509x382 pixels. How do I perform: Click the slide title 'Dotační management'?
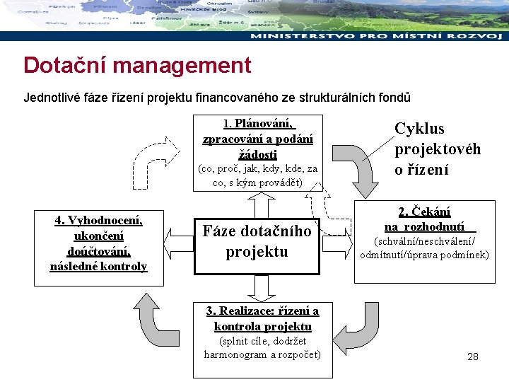[137, 66]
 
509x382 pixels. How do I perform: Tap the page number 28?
[473, 357]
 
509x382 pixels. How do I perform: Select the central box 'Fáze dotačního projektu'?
[257, 241]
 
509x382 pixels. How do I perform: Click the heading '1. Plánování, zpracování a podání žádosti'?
[258, 139]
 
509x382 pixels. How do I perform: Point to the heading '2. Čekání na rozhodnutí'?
[424, 219]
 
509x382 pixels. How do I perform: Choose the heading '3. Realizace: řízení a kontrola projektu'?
[262, 318]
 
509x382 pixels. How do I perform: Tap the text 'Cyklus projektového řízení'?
[437, 149]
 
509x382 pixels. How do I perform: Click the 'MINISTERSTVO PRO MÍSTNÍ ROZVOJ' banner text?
[379, 35]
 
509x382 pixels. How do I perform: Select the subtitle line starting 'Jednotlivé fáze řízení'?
[216, 98]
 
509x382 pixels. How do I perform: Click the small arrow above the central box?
[258, 202]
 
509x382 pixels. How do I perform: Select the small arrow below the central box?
[258, 287]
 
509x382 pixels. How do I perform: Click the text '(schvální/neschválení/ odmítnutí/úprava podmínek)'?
[424, 248]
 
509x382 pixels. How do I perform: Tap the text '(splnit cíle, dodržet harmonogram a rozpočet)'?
[262, 348]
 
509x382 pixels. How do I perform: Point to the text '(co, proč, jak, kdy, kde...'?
[258, 175]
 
